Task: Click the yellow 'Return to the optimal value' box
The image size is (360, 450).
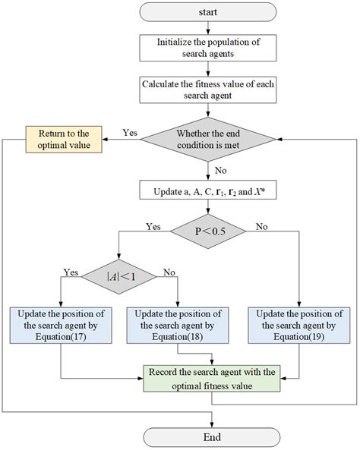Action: [x=65, y=139]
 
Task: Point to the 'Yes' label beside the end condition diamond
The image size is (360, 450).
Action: [x=130, y=132]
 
